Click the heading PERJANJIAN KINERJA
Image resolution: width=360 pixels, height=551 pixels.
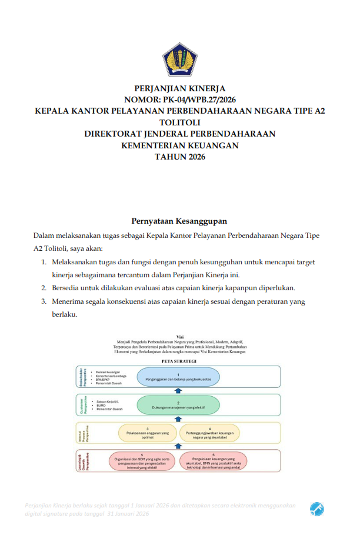click(179, 89)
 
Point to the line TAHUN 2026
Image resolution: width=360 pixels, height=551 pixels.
click(179, 156)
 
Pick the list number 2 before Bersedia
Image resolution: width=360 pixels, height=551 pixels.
click(44, 288)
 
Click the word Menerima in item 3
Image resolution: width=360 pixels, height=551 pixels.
click(70, 301)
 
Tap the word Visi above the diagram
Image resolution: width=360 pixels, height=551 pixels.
click(179, 336)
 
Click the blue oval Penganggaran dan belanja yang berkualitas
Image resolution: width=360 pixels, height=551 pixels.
click(178, 377)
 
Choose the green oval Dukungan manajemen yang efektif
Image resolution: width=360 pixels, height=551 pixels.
click(178, 405)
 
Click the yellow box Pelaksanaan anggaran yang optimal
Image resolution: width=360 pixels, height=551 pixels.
click(148, 433)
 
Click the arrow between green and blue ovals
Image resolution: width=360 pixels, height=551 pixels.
click(179, 390)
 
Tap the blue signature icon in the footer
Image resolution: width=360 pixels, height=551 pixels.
click(317, 508)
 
